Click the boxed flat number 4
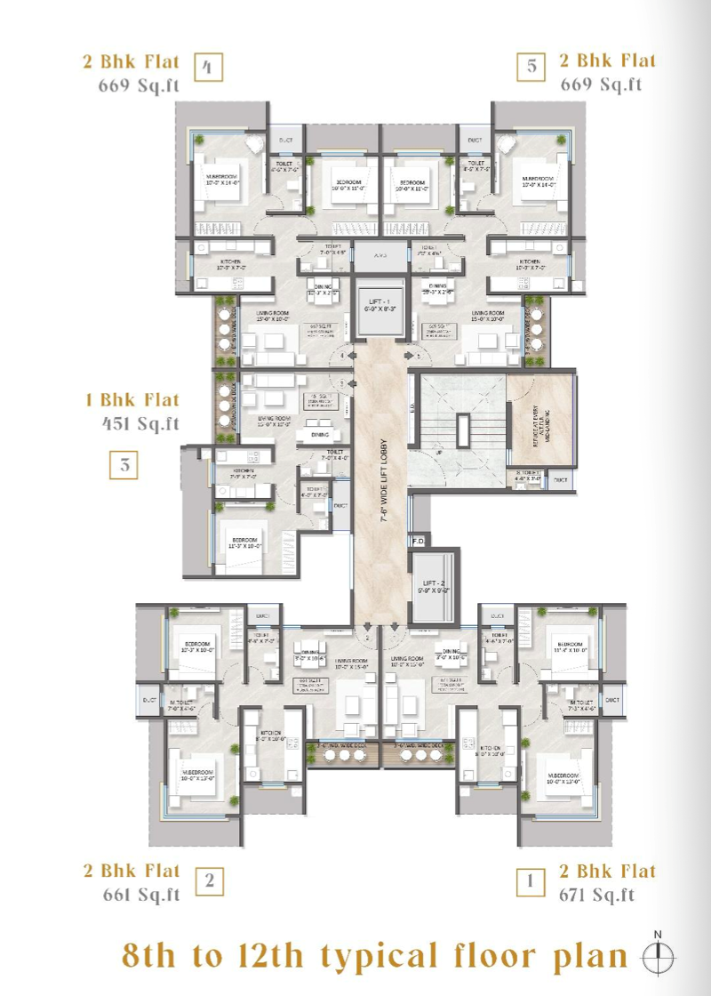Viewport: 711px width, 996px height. pyautogui.click(x=209, y=68)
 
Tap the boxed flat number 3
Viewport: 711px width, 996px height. pyautogui.click(x=125, y=465)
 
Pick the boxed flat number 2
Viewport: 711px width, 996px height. pyautogui.click(x=210, y=881)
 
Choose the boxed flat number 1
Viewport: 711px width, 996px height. pyautogui.click(x=531, y=881)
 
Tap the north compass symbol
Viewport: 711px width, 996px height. pyautogui.click(x=658, y=956)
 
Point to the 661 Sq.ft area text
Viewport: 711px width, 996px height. pyautogui.click(x=140, y=894)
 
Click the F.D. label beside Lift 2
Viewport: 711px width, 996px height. pyautogui.click(x=419, y=541)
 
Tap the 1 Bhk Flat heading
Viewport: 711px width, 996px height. pyautogui.click(x=132, y=400)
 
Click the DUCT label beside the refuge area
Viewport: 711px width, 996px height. pyautogui.click(x=560, y=480)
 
